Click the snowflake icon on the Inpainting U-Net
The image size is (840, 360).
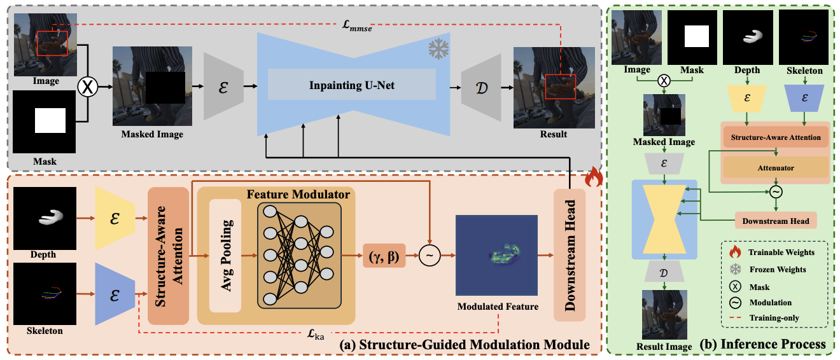(438, 49)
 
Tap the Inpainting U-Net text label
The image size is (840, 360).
(351, 85)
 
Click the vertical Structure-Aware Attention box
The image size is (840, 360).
(168, 256)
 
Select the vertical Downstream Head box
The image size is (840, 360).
(569, 256)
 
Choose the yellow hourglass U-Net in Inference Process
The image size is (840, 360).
(664, 219)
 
